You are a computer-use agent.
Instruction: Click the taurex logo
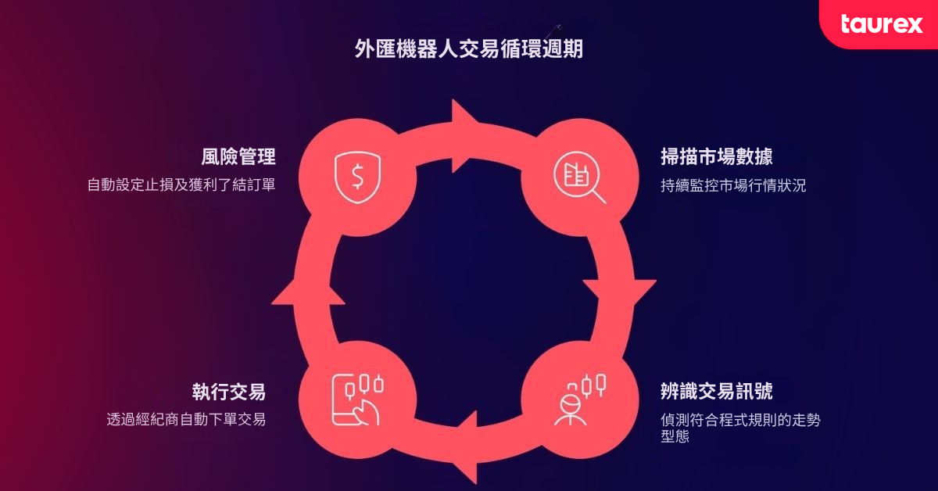pyautogui.click(x=882, y=24)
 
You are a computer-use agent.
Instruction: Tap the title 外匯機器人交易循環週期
pyautogui.click(x=468, y=49)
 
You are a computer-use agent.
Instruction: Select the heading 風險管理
pyautogui.click(x=238, y=156)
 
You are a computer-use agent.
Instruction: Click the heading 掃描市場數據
pyautogui.click(x=717, y=156)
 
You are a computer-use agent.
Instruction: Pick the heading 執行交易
pyautogui.click(x=229, y=392)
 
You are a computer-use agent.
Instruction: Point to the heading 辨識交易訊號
pyautogui.click(x=717, y=391)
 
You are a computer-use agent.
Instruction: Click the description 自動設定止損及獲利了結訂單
pyautogui.click(x=181, y=185)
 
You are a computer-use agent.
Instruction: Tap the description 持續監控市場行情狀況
pyautogui.click(x=733, y=185)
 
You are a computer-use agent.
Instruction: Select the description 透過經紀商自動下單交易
pyautogui.click(x=186, y=419)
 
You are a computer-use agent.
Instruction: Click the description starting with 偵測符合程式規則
pyautogui.click(x=740, y=428)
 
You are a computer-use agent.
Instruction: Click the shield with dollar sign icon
pyautogui.click(x=358, y=177)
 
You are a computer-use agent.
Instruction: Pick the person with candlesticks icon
pyautogui.click(x=580, y=400)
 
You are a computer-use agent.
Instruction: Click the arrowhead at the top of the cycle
pyautogui.click(x=464, y=136)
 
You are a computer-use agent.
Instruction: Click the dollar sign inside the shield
pyautogui.click(x=358, y=177)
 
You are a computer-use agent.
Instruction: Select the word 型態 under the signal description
pyautogui.click(x=675, y=436)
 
